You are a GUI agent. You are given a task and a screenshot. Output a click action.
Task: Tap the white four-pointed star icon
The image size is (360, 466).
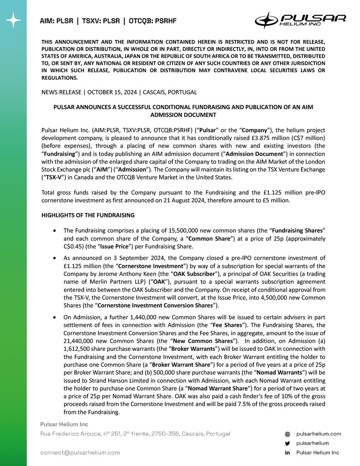(x=13, y=20)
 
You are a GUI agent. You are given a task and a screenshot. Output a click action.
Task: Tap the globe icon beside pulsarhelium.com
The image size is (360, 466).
(x=287, y=434)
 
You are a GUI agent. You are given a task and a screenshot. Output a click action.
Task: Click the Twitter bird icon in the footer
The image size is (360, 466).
(x=287, y=443)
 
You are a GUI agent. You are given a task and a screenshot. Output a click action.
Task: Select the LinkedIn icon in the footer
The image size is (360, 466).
(x=287, y=453)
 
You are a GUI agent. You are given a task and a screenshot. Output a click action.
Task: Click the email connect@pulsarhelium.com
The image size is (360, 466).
(x=80, y=452)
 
